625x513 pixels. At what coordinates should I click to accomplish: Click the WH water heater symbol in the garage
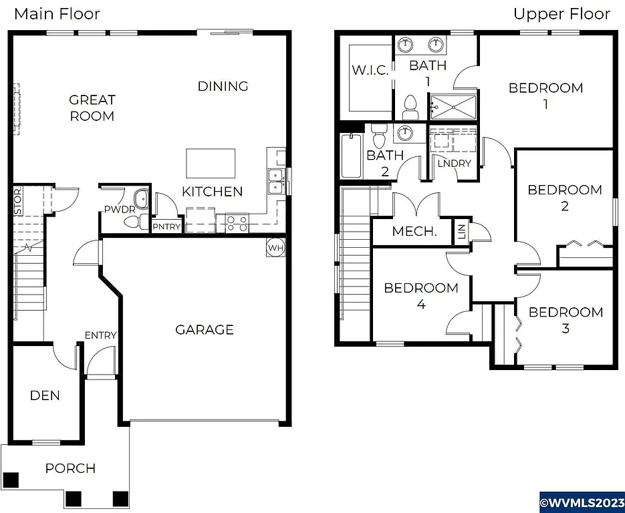[x=275, y=248]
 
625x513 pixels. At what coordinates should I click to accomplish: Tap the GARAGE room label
[x=205, y=329]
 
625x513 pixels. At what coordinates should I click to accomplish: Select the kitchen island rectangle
[x=211, y=163]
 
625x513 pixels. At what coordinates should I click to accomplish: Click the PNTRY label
[x=166, y=226]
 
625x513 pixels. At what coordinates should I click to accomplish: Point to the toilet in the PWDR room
[x=140, y=200]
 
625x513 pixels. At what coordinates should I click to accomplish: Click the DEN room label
[x=45, y=395]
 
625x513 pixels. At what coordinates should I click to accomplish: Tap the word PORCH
[x=70, y=468]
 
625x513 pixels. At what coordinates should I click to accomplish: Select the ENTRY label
[x=100, y=335]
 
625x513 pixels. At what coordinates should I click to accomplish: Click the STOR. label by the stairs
[x=18, y=200]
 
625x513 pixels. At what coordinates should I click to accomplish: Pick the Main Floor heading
[x=57, y=13]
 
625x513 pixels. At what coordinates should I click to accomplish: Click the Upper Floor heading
[x=561, y=13]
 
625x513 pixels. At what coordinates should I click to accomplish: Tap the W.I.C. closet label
[x=370, y=70]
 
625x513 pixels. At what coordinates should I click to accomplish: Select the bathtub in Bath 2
[x=351, y=156]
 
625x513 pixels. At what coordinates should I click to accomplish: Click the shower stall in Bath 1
[x=453, y=107]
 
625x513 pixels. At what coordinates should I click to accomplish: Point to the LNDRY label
[x=455, y=164]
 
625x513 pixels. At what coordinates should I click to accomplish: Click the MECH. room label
[x=414, y=232]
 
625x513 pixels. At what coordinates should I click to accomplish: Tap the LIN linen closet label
[x=461, y=231]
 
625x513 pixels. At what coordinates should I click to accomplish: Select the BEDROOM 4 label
[x=421, y=296]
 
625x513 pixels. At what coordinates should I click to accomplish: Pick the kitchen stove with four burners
[x=237, y=222]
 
